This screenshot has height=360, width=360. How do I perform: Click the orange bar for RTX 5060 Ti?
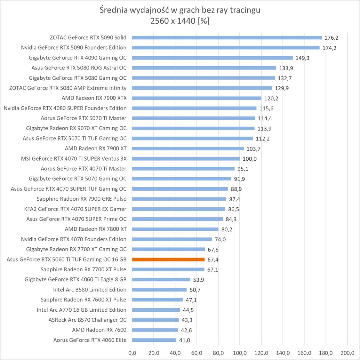[x=168, y=260]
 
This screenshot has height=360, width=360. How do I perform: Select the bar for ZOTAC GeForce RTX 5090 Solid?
[x=227, y=37]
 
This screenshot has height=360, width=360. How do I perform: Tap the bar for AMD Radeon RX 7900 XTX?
[x=196, y=98]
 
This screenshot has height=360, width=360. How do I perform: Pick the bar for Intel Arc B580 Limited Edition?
[x=159, y=290]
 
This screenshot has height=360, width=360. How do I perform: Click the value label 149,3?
[x=302, y=58]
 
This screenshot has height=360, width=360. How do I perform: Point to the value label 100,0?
[x=249, y=159]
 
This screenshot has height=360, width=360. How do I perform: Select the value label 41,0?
[x=185, y=340]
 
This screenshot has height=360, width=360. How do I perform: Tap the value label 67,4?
[x=213, y=260]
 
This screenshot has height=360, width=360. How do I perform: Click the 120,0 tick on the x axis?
[x=261, y=353]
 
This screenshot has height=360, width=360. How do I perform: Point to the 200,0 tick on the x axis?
[x=347, y=353]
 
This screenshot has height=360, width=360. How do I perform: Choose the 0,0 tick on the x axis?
[x=132, y=353]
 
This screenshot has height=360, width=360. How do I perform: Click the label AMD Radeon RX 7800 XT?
[x=95, y=229]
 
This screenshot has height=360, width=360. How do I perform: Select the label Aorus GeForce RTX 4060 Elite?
[x=90, y=340]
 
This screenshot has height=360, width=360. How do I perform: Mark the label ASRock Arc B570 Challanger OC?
[x=87, y=320]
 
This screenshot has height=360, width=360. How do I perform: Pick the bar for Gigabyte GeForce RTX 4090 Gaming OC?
[x=212, y=58]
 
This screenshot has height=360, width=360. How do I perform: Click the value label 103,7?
[x=253, y=149]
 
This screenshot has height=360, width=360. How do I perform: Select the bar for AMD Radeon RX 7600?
[x=155, y=330]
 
